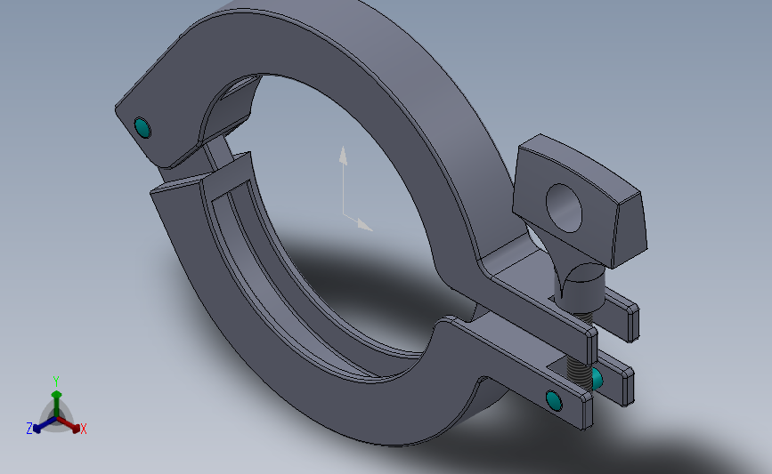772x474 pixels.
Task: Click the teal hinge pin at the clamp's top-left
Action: [142, 129]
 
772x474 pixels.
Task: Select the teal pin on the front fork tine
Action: [555, 402]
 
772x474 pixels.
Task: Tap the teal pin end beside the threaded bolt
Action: [597, 380]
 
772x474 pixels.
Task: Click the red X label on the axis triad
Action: [84, 430]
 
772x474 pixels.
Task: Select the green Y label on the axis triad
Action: [56, 381]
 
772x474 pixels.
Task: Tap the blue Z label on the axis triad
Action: [29, 429]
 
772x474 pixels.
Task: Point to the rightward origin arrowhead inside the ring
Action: [364, 225]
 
